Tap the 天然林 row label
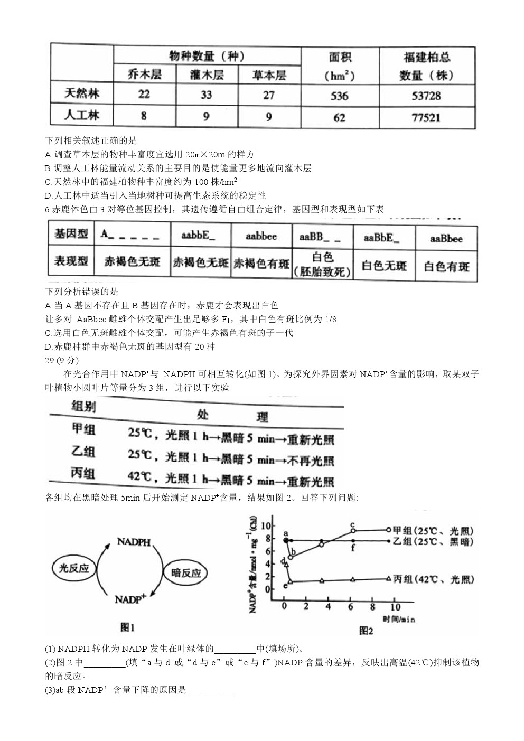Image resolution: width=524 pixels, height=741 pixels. tap(82, 95)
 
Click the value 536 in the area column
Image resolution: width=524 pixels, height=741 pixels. tap(340, 96)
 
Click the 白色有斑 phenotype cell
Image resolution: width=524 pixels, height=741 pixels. tap(446, 266)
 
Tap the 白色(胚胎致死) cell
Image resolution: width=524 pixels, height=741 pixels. tap(322, 264)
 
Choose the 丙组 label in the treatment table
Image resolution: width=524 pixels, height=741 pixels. tap(83, 474)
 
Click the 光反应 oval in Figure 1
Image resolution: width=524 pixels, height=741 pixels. tap(74, 568)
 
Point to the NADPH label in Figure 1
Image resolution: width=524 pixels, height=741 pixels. tap(134, 542)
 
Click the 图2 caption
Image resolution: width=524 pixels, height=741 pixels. tap(366, 631)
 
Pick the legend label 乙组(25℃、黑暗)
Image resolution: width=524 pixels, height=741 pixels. tap(433, 541)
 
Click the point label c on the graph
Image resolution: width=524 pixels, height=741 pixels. tap(352, 524)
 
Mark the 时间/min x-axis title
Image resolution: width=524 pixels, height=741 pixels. tap(399, 619)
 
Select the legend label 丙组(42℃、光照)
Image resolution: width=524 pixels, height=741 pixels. tap(433, 579)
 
